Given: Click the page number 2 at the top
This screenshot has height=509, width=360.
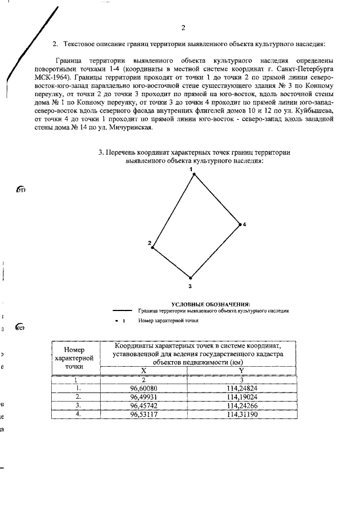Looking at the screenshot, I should tap(183, 28).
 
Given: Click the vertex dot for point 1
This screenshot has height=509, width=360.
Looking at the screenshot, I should tap(194, 174).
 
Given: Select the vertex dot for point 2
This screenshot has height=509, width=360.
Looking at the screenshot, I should tap(153, 247).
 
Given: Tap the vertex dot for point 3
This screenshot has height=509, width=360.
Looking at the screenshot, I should tap(191, 278).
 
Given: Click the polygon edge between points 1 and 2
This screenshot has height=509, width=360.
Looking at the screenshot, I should tap(173, 211).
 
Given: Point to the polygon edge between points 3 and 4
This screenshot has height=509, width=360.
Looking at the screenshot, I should tap(215, 251).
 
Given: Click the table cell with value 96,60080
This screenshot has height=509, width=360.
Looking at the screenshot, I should tap(143, 388).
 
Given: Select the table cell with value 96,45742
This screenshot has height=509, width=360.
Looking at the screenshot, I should tap(143, 405).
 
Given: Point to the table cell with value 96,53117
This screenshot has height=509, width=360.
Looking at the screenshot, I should tap(143, 413).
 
